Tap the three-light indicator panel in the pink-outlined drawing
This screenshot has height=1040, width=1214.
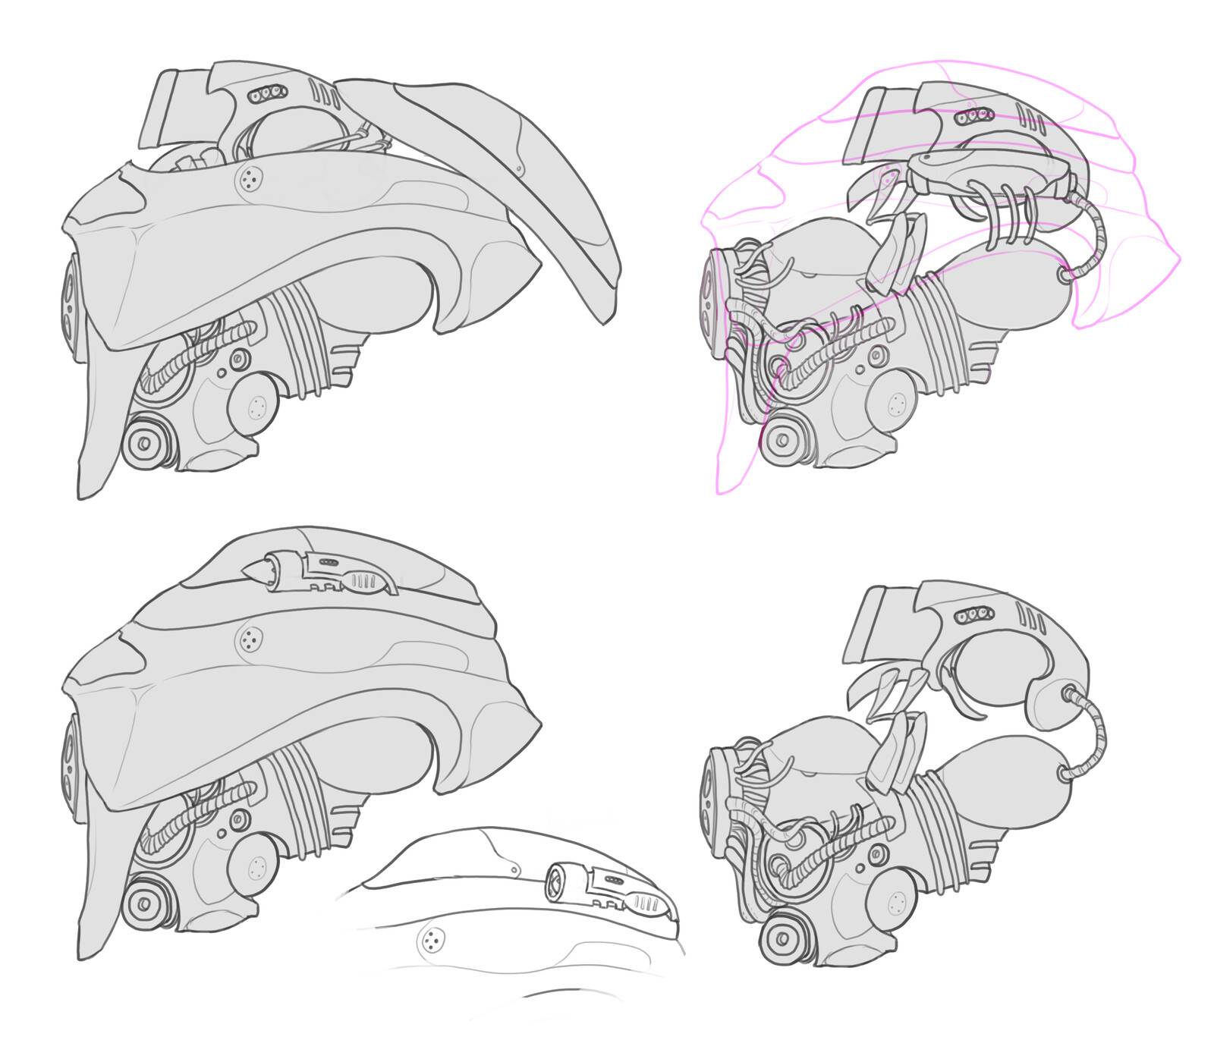pos(974,116)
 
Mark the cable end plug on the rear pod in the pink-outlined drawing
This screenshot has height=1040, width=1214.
pos(1065,275)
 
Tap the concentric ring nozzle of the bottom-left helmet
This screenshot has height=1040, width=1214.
pos(143,903)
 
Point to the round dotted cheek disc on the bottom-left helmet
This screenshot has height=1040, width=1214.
pos(254,867)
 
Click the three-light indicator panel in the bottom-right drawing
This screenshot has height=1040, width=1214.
pos(973,613)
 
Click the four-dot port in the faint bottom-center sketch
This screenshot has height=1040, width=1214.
pos(432,941)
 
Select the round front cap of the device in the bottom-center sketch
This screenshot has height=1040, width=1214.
pos(555,882)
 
